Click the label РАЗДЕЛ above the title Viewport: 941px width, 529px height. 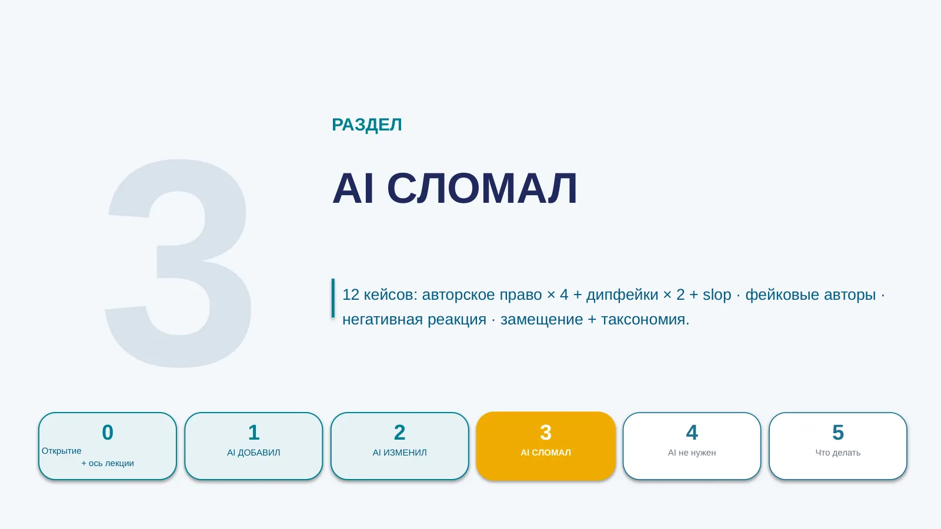click(367, 125)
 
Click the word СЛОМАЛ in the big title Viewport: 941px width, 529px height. click(482, 188)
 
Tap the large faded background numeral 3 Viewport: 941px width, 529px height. click(179, 264)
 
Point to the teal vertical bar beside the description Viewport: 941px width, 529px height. click(333, 297)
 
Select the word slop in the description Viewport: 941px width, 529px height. click(717, 294)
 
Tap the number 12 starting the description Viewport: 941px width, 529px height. click(351, 294)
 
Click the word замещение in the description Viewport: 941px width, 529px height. click(542, 320)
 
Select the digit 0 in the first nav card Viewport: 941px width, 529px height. click(108, 433)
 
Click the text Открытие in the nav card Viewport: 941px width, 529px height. click(61, 451)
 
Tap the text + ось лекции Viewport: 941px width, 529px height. click(108, 464)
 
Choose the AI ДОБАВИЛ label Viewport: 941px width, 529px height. click(253, 453)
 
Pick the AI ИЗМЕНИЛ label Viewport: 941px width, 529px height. click(399, 453)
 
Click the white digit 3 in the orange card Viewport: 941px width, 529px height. click(546, 433)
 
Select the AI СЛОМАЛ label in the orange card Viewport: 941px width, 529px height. click(546, 453)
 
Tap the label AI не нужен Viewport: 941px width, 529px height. click(692, 453)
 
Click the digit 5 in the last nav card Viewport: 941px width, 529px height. click(838, 433)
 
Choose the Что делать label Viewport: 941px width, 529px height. click(838, 453)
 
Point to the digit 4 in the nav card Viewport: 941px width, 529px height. click(692, 433)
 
